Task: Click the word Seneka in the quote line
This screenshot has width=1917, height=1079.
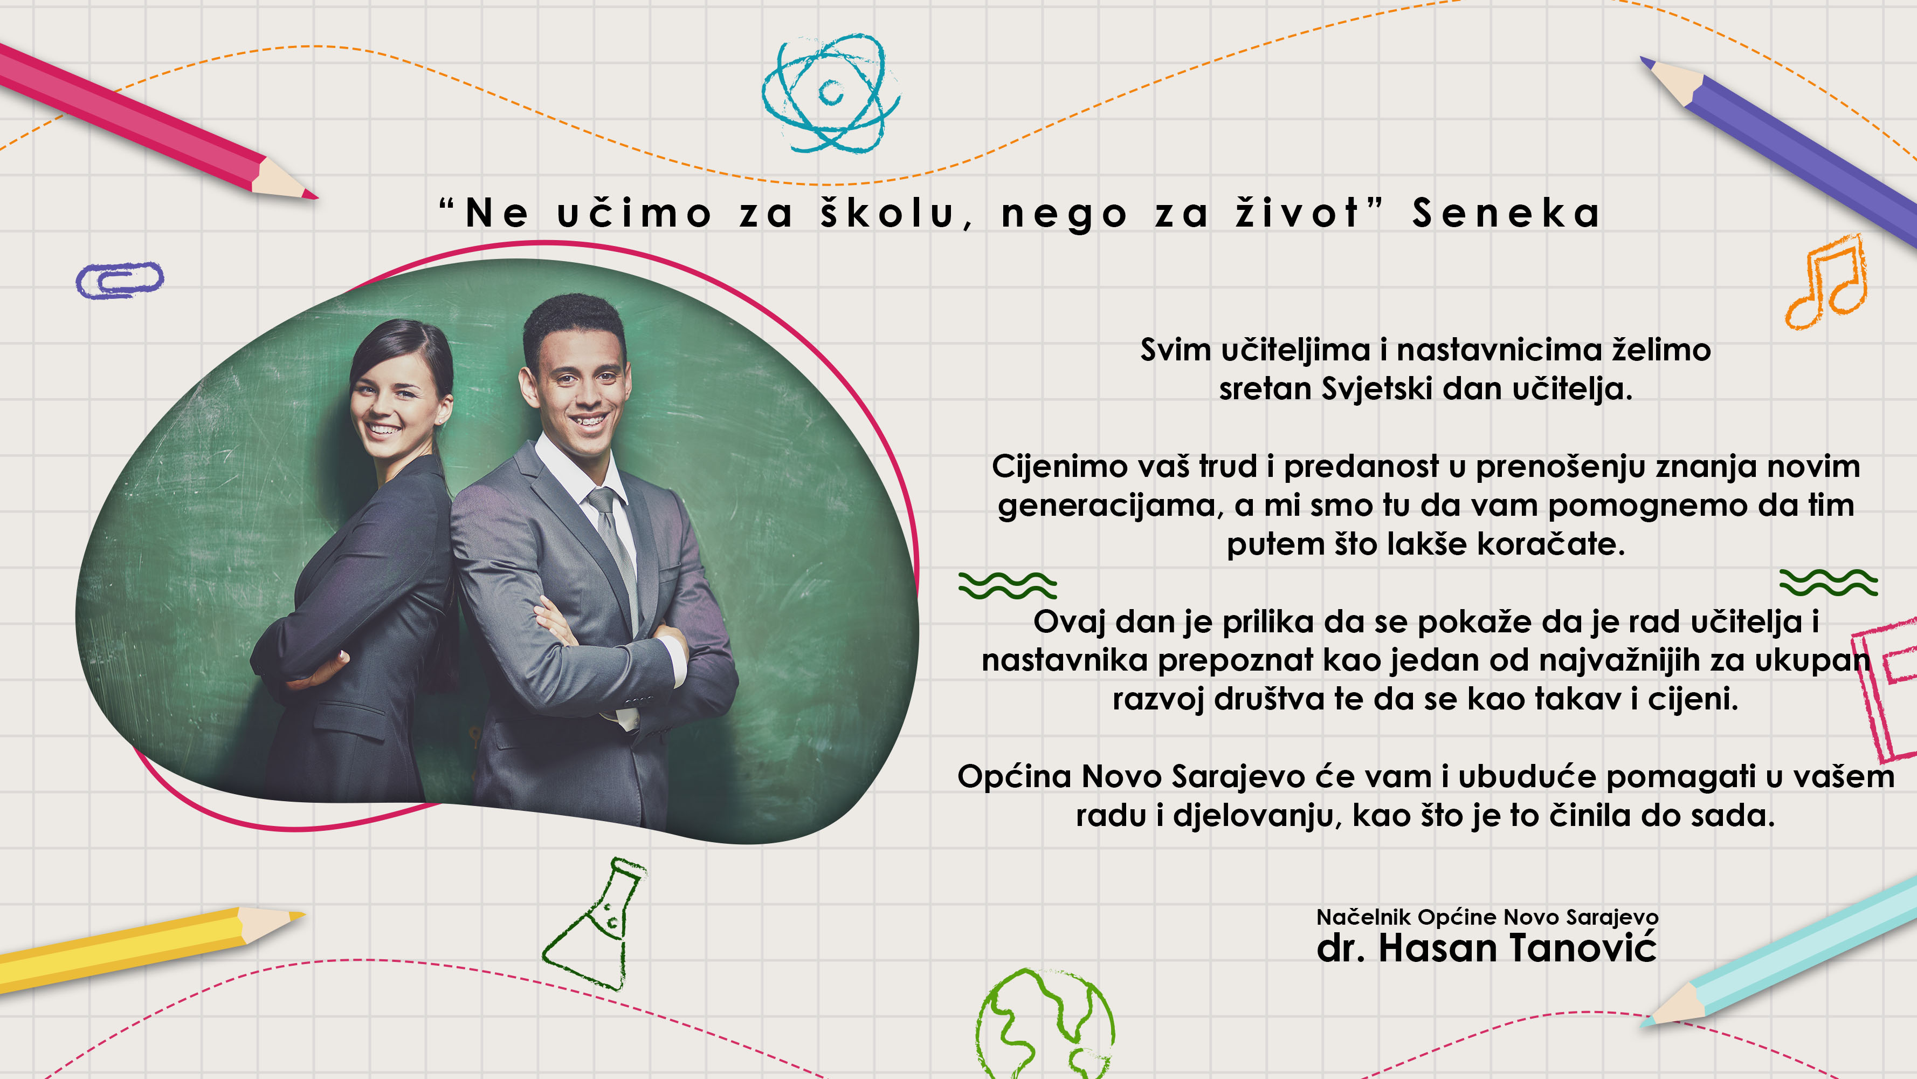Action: coord(1506,213)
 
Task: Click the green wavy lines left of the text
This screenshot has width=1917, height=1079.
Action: coord(1008,585)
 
